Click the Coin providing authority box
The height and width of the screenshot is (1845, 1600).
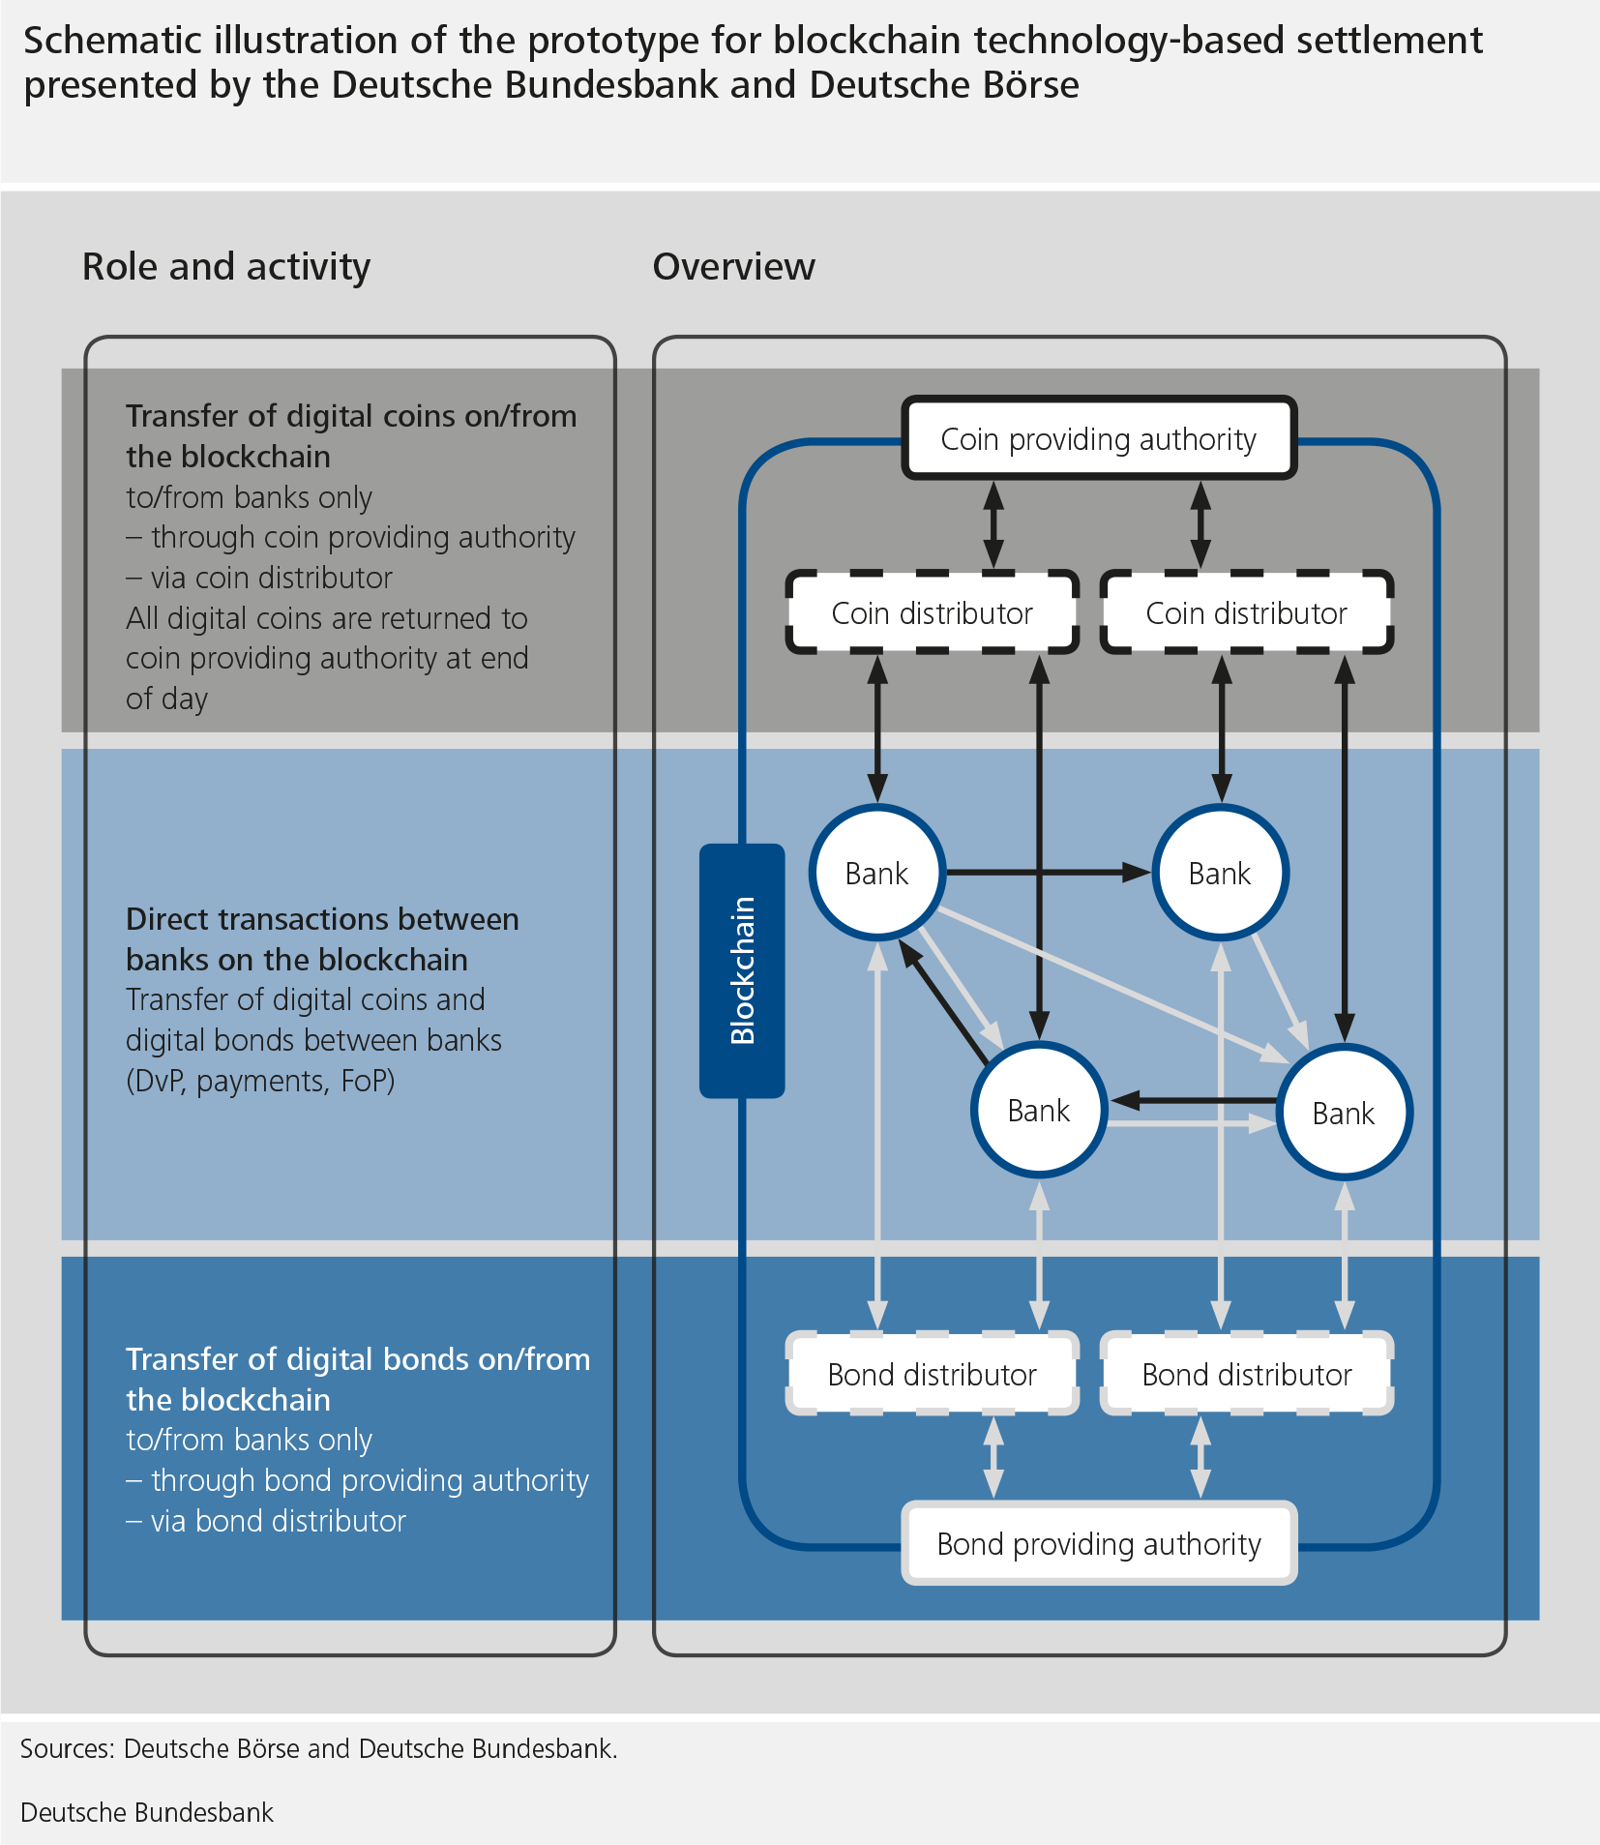(1098, 438)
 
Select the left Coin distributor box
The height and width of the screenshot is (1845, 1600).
(932, 612)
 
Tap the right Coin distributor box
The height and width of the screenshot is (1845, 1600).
(1246, 612)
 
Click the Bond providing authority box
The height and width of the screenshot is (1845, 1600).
(1098, 1543)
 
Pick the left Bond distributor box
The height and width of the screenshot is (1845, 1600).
(932, 1374)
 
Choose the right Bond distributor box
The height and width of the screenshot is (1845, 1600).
(1246, 1374)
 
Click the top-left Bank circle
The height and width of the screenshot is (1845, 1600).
(876, 873)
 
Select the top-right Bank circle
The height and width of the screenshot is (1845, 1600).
(1220, 873)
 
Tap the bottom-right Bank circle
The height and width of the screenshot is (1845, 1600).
(1344, 1113)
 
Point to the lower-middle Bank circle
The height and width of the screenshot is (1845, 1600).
(1038, 1110)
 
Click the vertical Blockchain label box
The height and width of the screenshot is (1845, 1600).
(742, 970)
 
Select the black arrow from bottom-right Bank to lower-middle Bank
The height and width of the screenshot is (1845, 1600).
(1195, 1100)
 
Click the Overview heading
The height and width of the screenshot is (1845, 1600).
(733, 266)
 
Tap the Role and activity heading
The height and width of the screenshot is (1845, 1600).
(226, 266)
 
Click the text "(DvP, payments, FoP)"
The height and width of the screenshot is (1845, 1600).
(260, 1080)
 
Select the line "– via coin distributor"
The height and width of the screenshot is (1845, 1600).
(259, 578)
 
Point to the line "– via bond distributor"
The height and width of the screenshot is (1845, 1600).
(266, 1521)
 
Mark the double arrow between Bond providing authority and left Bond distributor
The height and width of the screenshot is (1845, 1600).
(993, 1457)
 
